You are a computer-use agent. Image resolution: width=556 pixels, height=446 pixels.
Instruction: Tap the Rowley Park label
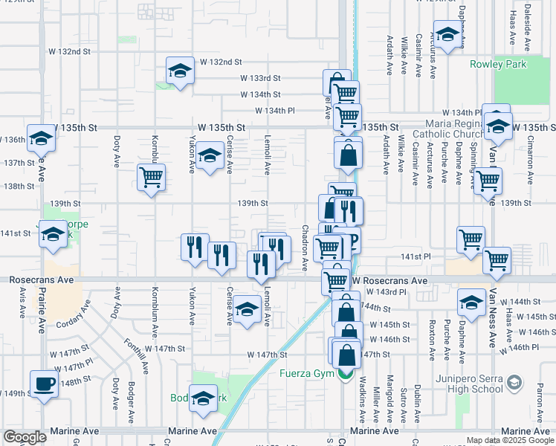[498, 64]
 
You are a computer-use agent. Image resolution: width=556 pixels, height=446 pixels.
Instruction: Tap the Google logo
[25, 437]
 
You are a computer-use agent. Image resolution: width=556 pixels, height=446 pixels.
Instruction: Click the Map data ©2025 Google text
[510, 440]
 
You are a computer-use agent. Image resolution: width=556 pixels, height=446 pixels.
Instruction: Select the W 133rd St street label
[259, 77]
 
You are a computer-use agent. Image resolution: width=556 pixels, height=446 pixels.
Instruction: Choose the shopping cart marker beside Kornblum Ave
[151, 178]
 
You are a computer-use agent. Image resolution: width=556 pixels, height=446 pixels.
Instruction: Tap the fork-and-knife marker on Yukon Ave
[194, 246]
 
